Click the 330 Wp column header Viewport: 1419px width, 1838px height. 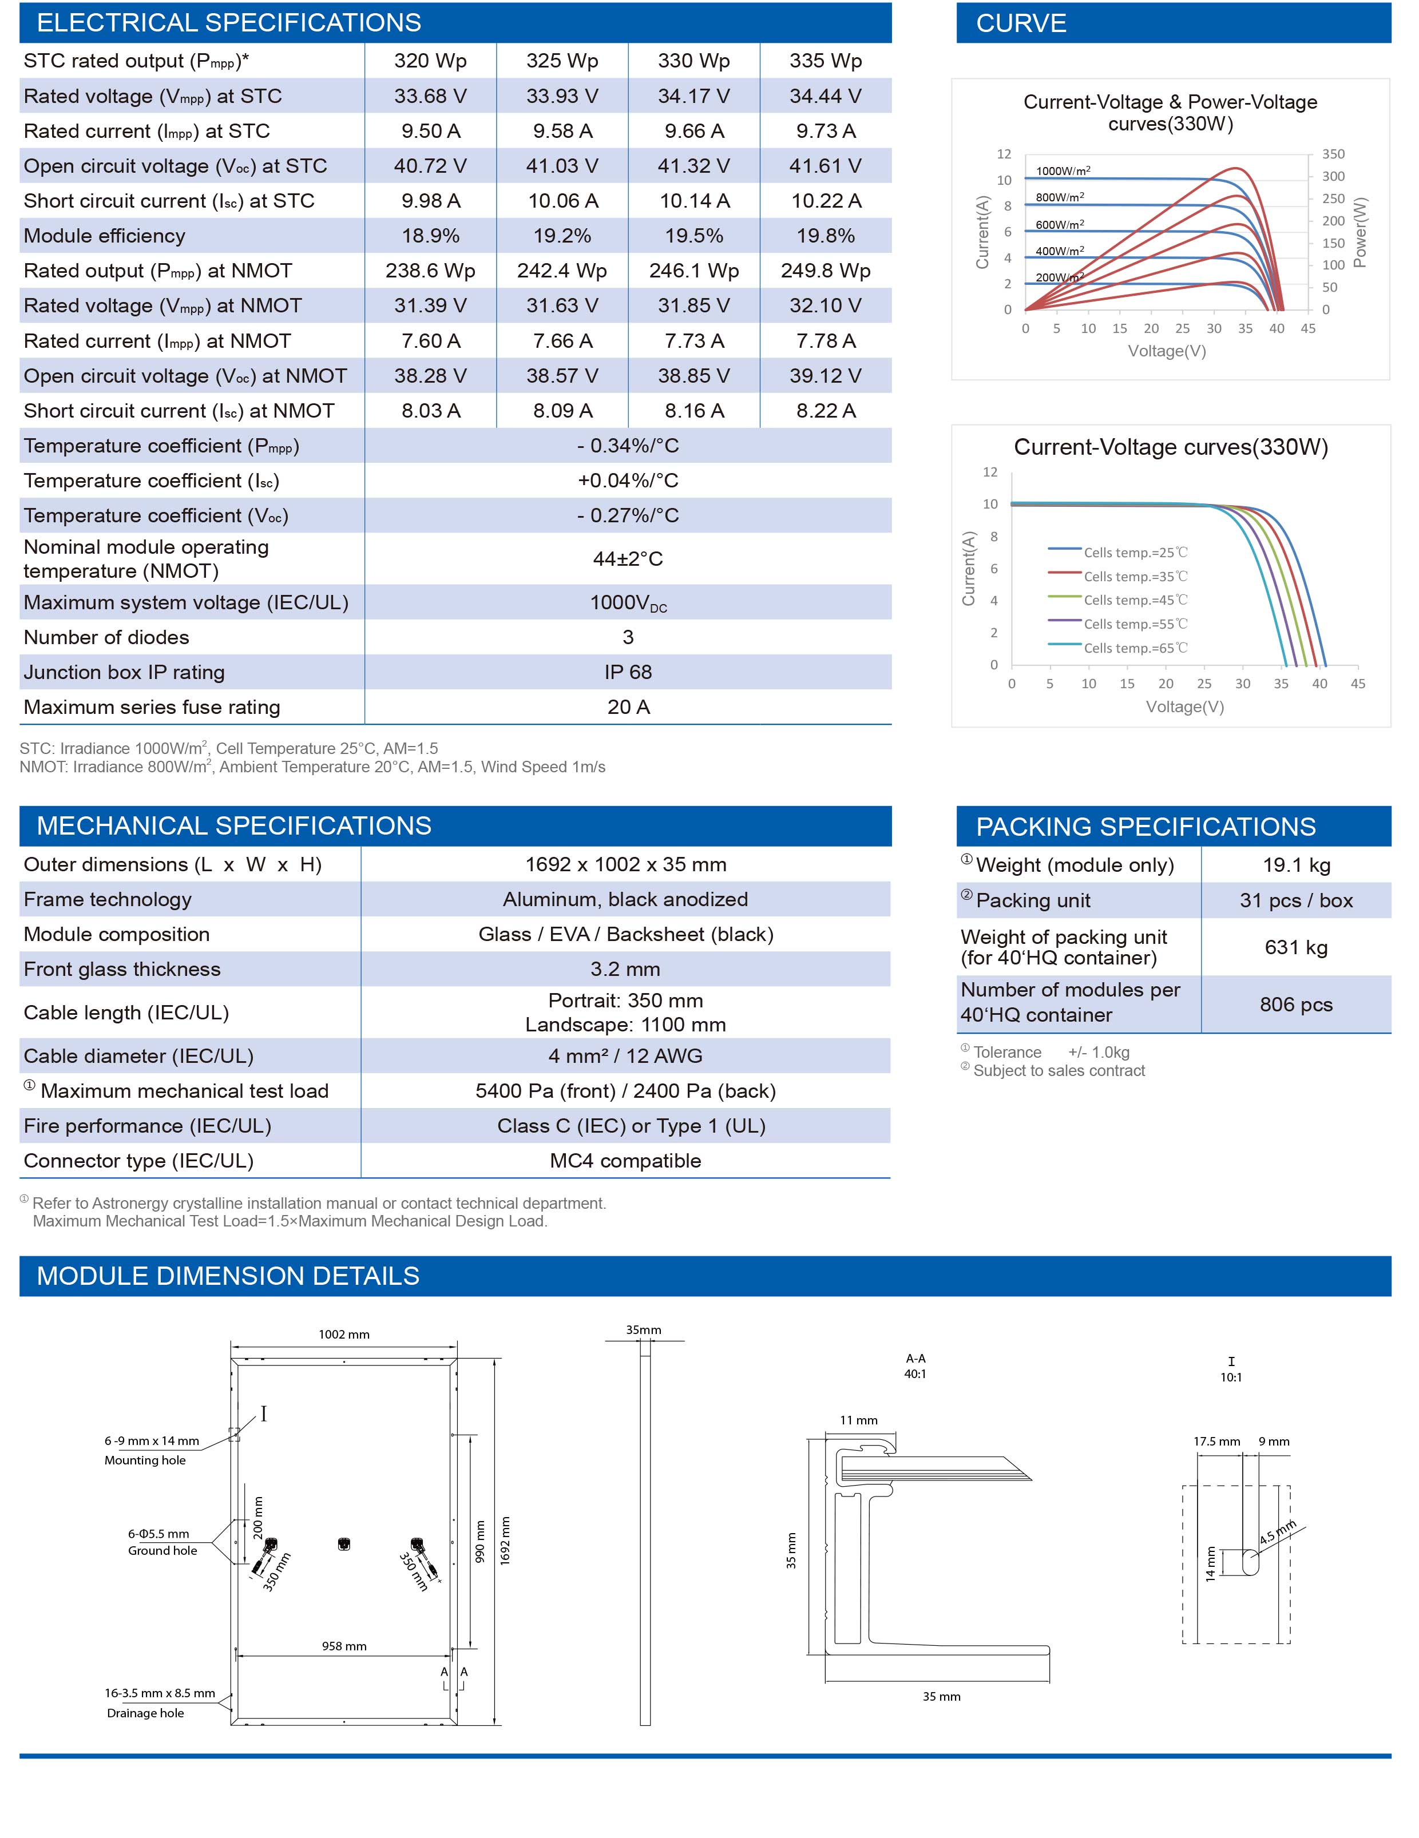(693, 61)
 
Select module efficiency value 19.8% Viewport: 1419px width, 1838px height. (826, 236)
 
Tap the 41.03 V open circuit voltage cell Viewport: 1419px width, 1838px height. (562, 166)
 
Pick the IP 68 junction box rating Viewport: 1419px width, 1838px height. (628, 672)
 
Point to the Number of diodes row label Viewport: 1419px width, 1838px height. (107, 637)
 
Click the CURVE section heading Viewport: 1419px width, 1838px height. (1021, 23)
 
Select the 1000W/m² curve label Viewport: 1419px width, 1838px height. (1063, 171)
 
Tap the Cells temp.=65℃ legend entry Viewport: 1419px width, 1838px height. (1135, 648)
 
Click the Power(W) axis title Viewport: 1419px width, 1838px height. (1360, 232)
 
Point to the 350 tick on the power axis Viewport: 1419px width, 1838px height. (1333, 154)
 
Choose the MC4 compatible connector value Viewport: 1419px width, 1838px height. (625, 1161)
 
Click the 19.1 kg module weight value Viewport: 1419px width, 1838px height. (1296, 865)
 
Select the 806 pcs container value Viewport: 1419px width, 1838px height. (1296, 1005)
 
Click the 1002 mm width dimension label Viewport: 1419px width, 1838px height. (344, 1334)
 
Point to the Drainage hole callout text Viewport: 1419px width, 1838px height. (145, 1713)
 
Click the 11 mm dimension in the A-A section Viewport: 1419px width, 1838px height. (858, 1420)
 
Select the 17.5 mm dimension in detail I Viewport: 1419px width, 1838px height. (1216, 1441)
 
